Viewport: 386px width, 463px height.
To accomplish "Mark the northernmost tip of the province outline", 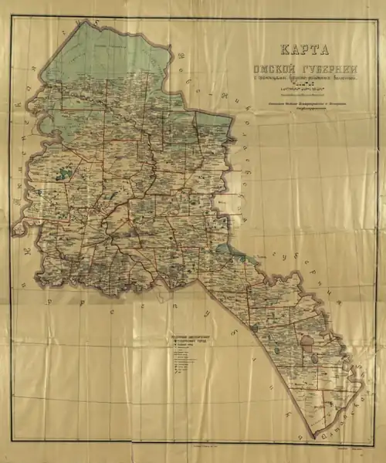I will [82, 23].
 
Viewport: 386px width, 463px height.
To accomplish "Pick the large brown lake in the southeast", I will [307, 338].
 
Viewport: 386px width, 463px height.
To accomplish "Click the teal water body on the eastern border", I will [224, 248].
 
